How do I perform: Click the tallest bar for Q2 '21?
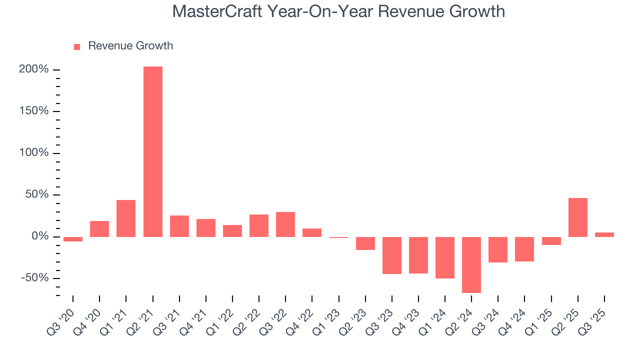click(152, 151)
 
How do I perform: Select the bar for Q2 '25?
click(577, 217)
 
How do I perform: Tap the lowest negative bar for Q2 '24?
click(471, 264)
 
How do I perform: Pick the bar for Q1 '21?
click(126, 218)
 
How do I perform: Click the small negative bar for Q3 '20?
click(73, 239)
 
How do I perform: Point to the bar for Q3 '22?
click(285, 224)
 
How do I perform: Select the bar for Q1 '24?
click(444, 257)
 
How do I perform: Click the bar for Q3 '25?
click(604, 234)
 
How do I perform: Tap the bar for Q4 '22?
click(312, 232)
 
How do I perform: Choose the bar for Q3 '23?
click(391, 255)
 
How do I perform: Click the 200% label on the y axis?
click(34, 69)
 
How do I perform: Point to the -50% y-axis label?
click(35, 278)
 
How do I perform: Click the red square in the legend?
click(77, 46)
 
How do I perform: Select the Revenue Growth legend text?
click(130, 46)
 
